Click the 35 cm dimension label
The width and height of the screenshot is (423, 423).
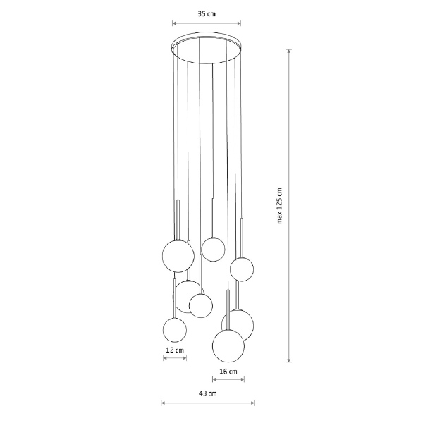(207, 14)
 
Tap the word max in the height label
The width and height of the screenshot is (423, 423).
(279, 217)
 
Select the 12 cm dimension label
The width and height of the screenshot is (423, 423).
(175, 350)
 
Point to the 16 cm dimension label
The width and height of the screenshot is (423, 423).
(228, 372)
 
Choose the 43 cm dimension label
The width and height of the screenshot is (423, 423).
(208, 393)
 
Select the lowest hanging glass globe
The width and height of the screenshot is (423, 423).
(228, 346)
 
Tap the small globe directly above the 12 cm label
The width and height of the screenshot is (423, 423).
(175, 330)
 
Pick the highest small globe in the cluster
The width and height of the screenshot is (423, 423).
(213, 250)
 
